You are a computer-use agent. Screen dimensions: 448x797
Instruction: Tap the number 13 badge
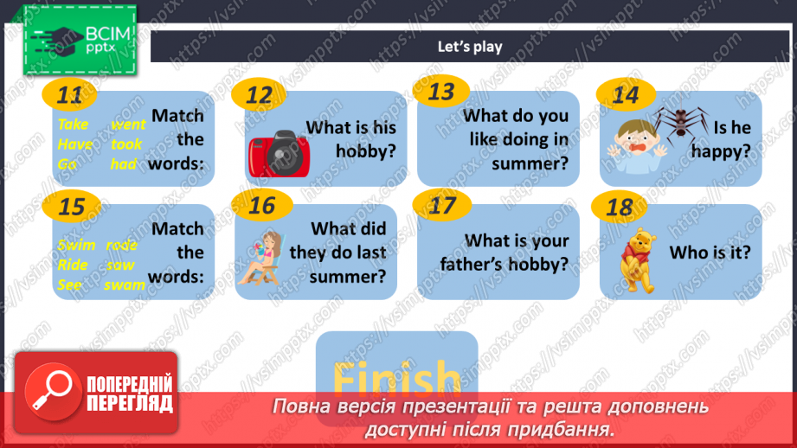coord(441,91)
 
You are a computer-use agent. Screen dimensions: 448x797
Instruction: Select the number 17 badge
coord(441,206)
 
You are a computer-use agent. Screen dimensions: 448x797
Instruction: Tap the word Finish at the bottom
coord(396,379)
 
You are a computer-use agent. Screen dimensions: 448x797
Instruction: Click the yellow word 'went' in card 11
coord(128,124)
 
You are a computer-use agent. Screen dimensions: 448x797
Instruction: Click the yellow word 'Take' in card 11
coord(74,124)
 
